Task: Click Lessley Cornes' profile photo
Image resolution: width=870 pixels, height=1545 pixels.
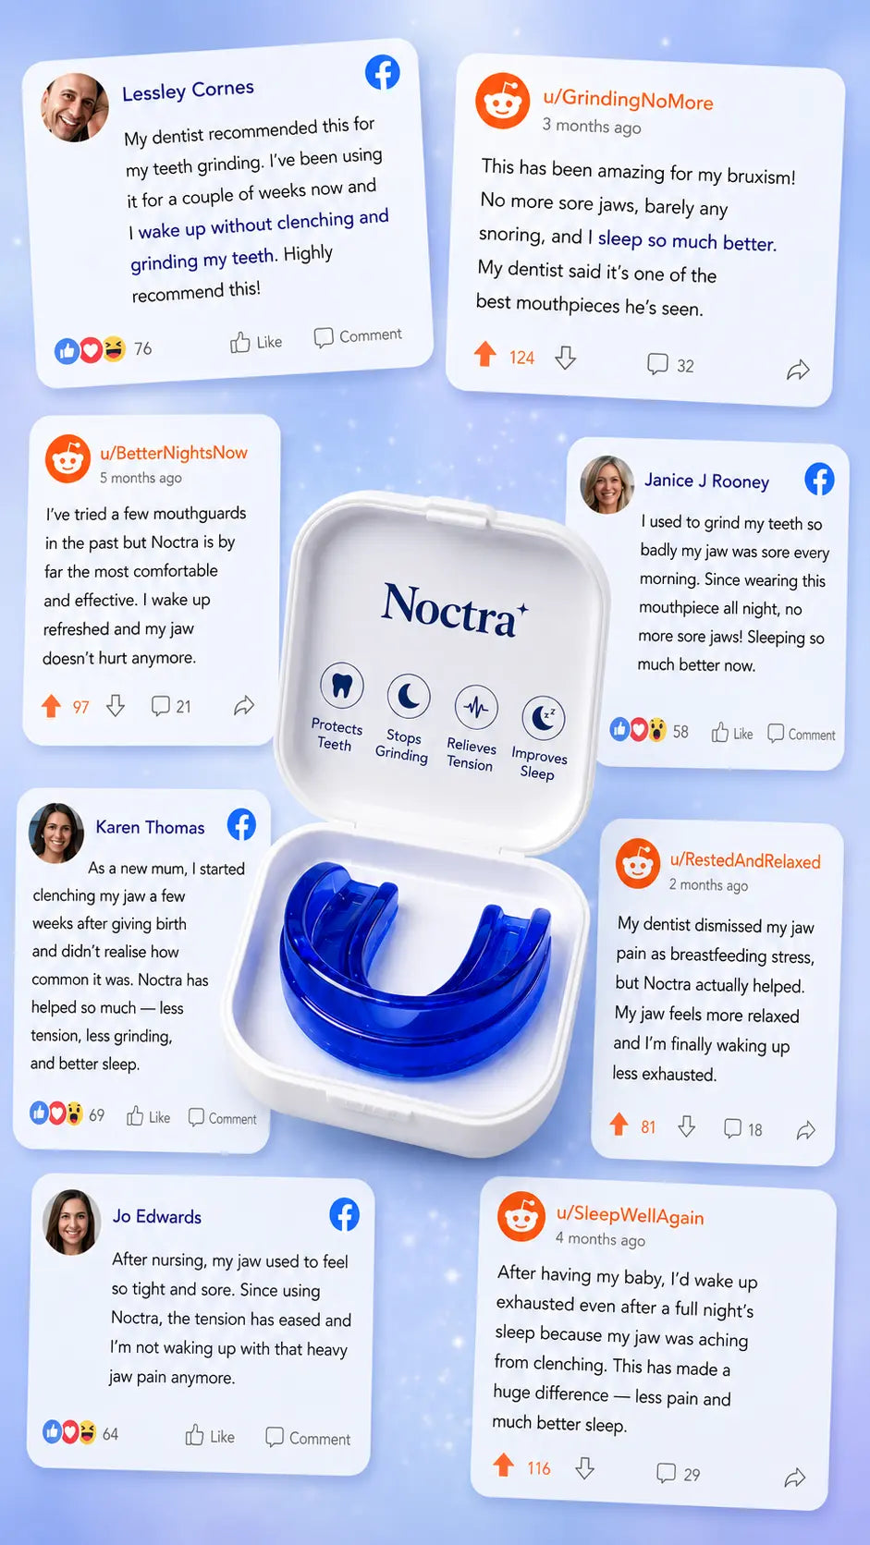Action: point(75,107)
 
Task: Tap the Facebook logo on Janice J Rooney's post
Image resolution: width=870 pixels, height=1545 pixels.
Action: point(819,479)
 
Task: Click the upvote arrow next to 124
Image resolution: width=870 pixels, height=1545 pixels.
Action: point(485,354)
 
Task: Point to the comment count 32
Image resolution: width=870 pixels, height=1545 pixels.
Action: point(685,366)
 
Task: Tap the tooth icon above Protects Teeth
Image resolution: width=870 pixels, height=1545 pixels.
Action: point(341,685)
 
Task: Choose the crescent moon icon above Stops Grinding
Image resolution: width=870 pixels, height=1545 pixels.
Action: point(409,697)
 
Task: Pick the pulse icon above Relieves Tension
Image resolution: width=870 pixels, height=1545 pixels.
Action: point(476,707)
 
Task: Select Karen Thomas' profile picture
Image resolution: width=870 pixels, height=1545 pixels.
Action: point(55,833)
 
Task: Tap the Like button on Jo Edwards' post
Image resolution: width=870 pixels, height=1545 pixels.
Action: point(210,1435)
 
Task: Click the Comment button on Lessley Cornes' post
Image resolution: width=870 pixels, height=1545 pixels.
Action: point(358,336)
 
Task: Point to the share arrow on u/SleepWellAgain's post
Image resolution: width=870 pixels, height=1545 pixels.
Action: point(795,1478)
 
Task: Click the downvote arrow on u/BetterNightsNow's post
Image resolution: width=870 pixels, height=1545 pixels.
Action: point(116,705)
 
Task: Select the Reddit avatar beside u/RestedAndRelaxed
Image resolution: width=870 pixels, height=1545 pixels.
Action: point(638,863)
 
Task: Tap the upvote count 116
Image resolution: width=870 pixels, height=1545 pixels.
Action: point(539,1468)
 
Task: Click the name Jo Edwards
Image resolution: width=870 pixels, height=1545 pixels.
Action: point(157,1217)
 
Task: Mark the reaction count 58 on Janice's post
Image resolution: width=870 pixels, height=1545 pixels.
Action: point(680,732)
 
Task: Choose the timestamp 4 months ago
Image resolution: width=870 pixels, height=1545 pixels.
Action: point(601,1239)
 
